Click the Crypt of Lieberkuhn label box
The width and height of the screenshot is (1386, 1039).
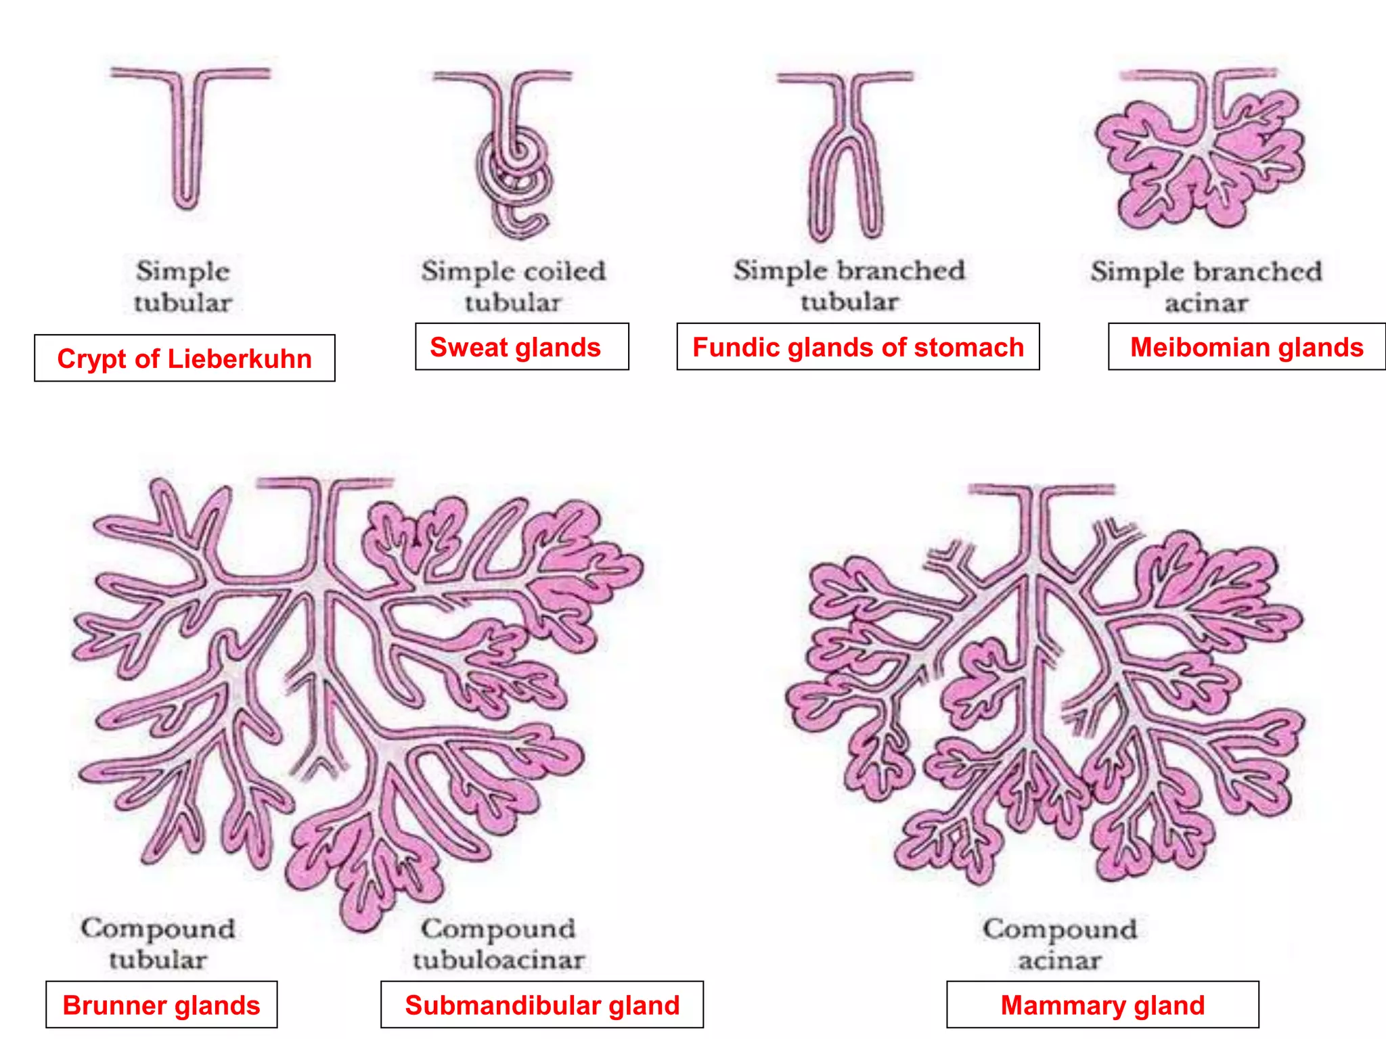point(184,359)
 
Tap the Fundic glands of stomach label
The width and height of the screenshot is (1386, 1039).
point(857,347)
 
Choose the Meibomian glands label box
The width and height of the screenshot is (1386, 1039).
point(1246,347)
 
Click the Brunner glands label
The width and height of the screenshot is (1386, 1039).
point(161,1005)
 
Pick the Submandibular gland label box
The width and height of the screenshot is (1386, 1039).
point(541,1005)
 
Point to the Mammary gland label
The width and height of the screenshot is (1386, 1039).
point(1102,1005)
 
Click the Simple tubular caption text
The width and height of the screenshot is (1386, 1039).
point(183,287)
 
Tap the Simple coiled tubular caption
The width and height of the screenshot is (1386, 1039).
point(513,287)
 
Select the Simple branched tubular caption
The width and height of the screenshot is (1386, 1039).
point(849,285)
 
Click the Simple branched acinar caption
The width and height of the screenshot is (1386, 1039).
point(1206,287)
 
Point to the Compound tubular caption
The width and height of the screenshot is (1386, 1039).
point(158,944)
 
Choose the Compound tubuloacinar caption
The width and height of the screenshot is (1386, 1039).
point(499,944)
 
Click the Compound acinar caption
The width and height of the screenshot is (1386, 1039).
point(1060,944)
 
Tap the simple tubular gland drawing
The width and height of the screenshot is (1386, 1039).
point(185,142)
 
